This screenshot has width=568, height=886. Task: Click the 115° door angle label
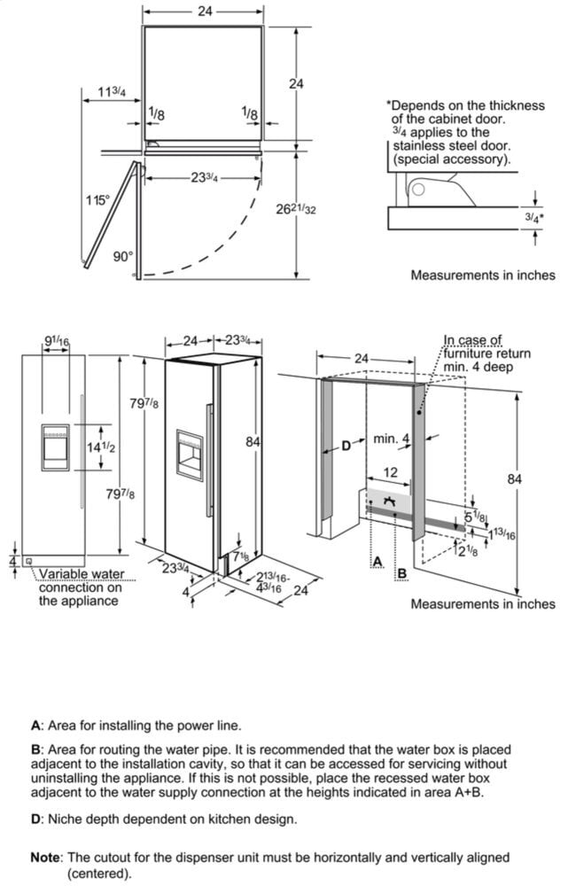click(97, 201)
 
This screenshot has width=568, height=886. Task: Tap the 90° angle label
click(122, 257)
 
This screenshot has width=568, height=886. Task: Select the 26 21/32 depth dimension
click(296, 209)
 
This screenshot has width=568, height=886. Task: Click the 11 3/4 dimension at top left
click(112, 92)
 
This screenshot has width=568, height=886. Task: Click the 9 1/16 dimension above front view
click(56, 342)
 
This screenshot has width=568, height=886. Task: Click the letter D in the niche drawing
click(346, 446)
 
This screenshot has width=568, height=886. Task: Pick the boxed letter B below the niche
click(402, 573)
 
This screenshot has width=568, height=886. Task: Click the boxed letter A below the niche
click(377, 563)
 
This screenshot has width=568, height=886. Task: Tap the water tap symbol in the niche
click(389, 504)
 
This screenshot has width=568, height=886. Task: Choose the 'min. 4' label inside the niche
click(391, 439)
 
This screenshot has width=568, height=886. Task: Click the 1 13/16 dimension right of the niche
click(502, 534)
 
